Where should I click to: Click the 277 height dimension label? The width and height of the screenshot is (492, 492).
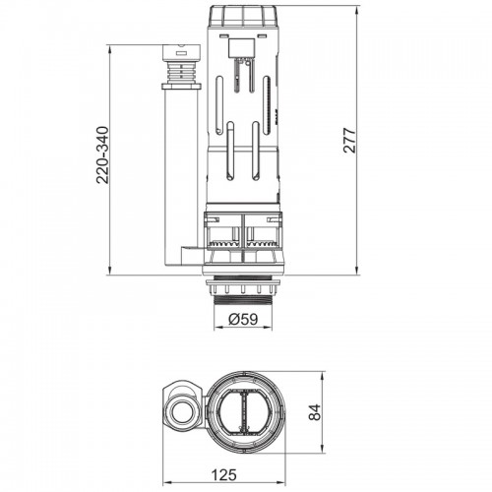coord(349,141)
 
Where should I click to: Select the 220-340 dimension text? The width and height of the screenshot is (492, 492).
coord(102,154)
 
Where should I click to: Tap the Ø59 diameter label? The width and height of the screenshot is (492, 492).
coord(243,319)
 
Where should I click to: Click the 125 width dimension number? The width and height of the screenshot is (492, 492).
coord(223,474)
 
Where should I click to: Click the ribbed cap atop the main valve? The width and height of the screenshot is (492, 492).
coord(243,16)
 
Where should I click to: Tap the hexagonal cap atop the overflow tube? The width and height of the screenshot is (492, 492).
coord(181,51)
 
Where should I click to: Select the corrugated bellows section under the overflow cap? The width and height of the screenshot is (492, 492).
coord(181,72)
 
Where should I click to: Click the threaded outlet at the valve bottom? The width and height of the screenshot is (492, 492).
coord(243,301)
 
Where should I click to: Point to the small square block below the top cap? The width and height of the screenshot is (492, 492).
coord(241,47)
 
